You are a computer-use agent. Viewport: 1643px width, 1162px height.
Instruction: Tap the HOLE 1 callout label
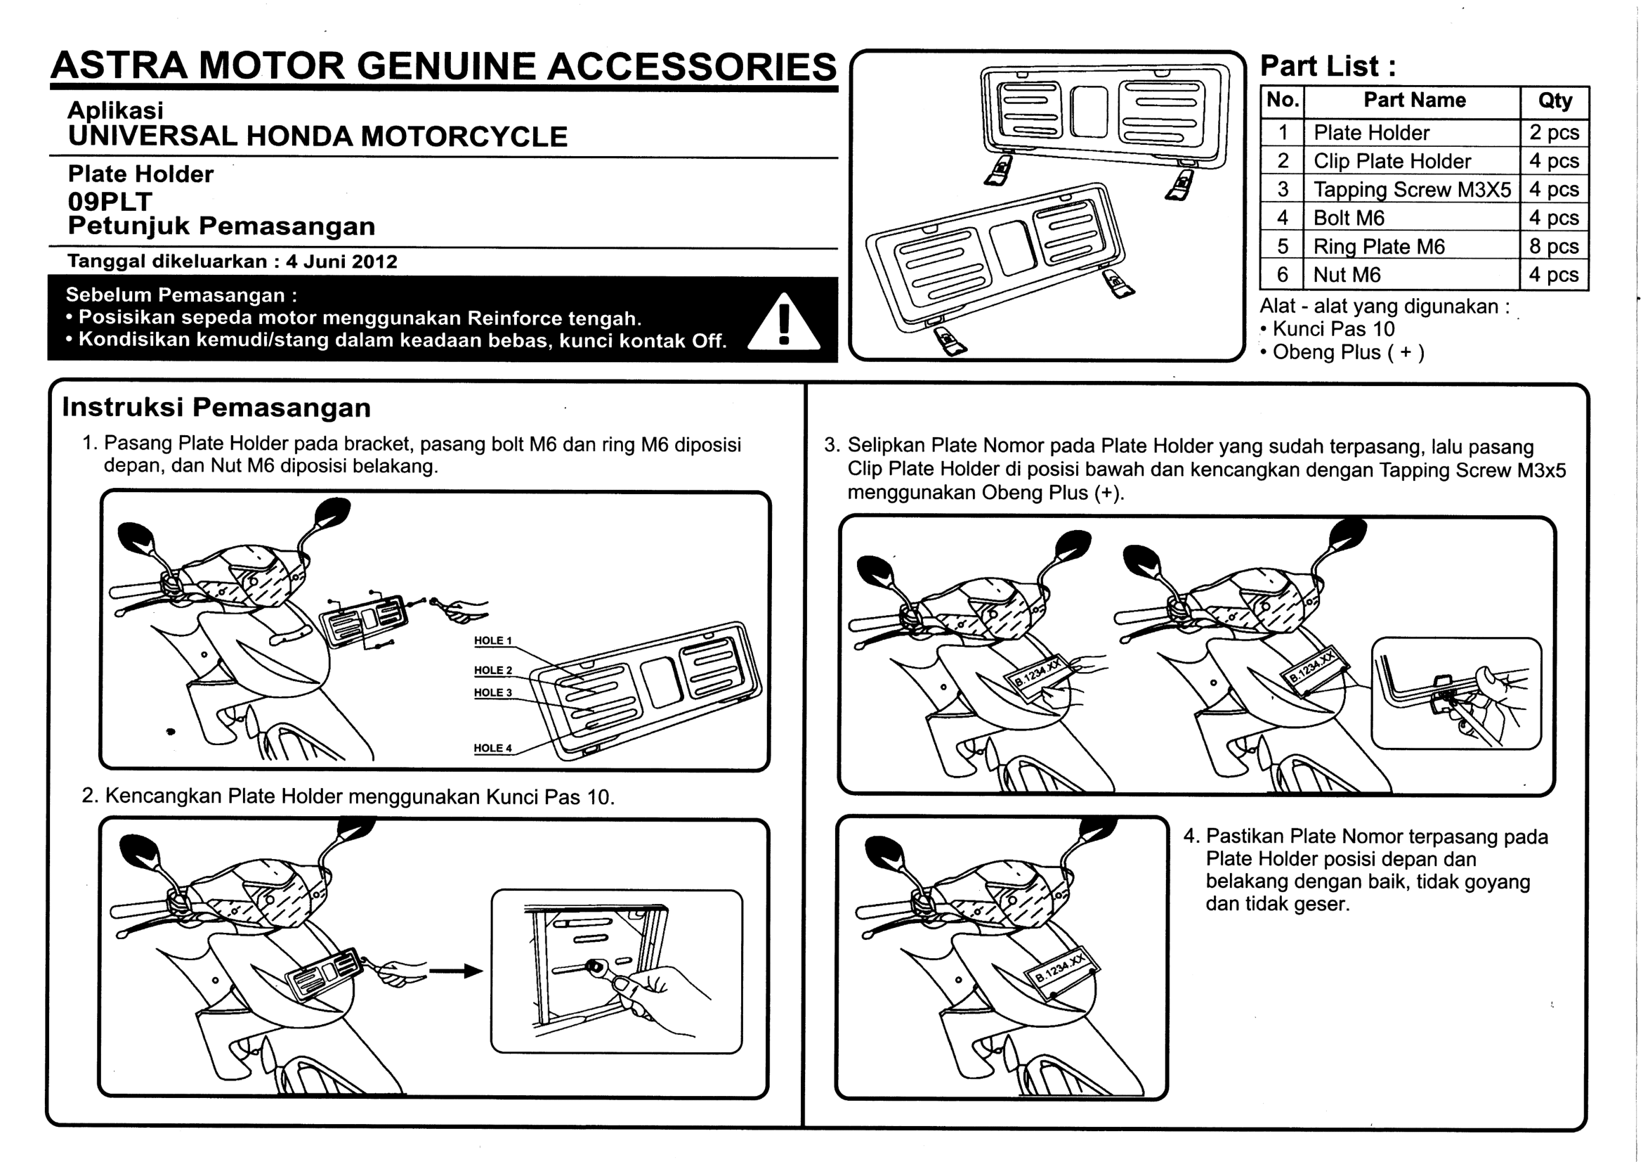point(493,641)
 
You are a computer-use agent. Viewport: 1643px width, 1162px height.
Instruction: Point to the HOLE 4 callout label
point(493,748)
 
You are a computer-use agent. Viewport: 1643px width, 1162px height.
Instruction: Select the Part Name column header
point(1414,101)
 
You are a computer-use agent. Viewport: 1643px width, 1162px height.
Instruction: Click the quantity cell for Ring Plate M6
point(1554,246)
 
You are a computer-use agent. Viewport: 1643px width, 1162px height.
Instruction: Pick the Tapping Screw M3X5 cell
point(1412,190)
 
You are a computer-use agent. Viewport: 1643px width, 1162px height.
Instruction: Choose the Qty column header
point(1555,101)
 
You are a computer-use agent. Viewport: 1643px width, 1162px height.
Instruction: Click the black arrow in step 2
point(456,971)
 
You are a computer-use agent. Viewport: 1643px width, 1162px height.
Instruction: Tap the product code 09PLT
point(110,202)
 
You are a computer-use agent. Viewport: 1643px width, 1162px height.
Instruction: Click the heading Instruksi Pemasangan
point(217,408)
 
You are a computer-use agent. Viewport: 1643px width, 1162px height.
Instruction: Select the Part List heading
point(1328,66)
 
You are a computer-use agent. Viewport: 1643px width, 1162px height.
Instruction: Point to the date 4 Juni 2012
point(342,262)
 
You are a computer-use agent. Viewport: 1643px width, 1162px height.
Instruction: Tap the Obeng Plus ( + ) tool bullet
point(1342,353)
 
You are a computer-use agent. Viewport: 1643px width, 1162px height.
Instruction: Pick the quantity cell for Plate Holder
point(1554,133)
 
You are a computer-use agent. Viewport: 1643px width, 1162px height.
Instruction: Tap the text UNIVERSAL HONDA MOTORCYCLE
point(318,137)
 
